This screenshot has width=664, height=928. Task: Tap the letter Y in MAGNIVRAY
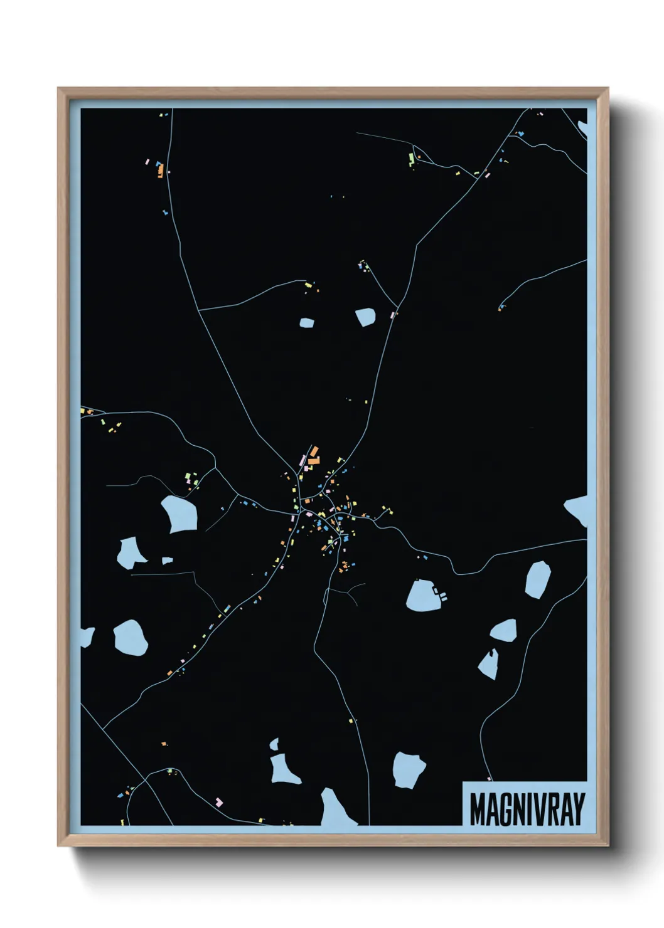(x=578, y=809)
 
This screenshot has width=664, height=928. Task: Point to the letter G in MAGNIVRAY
(x=507, y=809)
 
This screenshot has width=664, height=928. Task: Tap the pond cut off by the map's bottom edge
(x=335, y=809)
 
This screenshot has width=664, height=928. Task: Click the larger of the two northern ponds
(x=365, y=317)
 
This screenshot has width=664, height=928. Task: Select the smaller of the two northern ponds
(x=306, y=323)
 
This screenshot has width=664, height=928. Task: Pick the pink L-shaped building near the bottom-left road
(x=218, y=801)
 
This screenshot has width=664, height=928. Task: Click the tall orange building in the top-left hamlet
(x=161, y=170)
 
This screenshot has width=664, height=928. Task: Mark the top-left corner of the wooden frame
(x=58, y=88)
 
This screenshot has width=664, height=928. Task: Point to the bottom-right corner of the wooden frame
(x=608, y=846)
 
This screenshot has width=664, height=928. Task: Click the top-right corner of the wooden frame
(x=608, y=88)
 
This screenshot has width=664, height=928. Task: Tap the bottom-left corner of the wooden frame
(x=58, y=846)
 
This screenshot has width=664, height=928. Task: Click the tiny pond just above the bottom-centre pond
(x=274, y=744)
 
